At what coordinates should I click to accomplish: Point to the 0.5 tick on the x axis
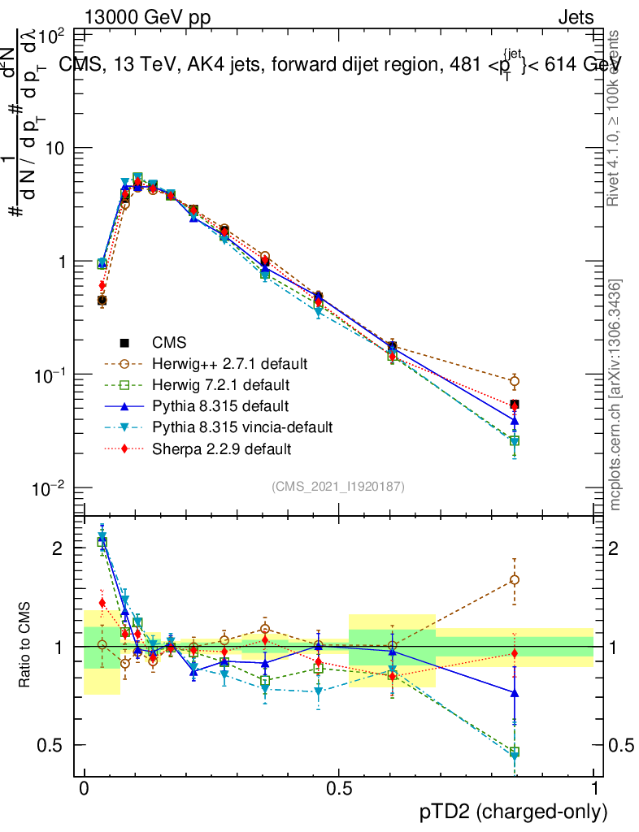tap(339, 789)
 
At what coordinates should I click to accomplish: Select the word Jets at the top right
tap(576, 18)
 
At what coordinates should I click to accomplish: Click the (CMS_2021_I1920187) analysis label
tap(338, 486)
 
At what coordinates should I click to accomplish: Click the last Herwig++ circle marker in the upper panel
tap(514, 381)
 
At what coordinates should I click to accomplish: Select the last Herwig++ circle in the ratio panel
tap(514, 579)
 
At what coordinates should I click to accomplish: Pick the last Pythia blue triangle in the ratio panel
tap(514, 692)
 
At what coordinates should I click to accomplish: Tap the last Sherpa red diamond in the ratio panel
tap(514, 653)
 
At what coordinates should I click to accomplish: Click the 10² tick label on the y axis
tap(52, 36)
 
